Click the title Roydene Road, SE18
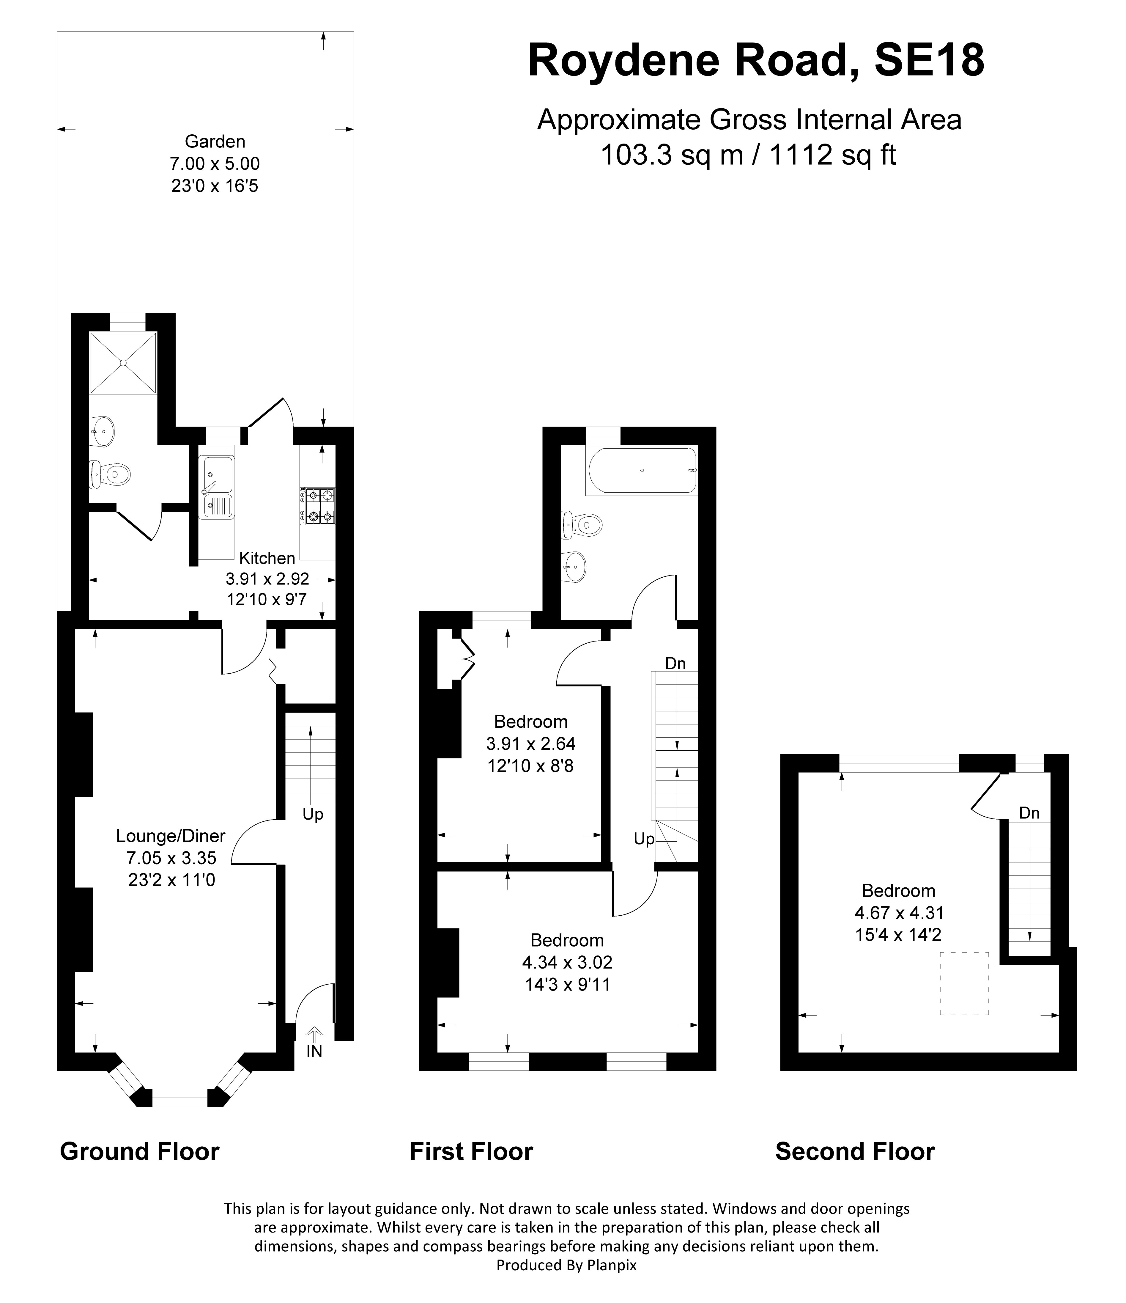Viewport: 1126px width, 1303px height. tap(756, 61)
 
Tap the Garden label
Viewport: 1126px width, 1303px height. tap(215, 142)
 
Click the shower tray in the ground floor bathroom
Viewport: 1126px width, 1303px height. tap(123, 363)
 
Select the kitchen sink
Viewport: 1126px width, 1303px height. tap(216, 487)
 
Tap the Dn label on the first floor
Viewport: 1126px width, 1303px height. tap(675, 664)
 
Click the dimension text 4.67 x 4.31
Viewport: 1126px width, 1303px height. tap(899, 912)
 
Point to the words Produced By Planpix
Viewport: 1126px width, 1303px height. tap(566, 1265)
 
